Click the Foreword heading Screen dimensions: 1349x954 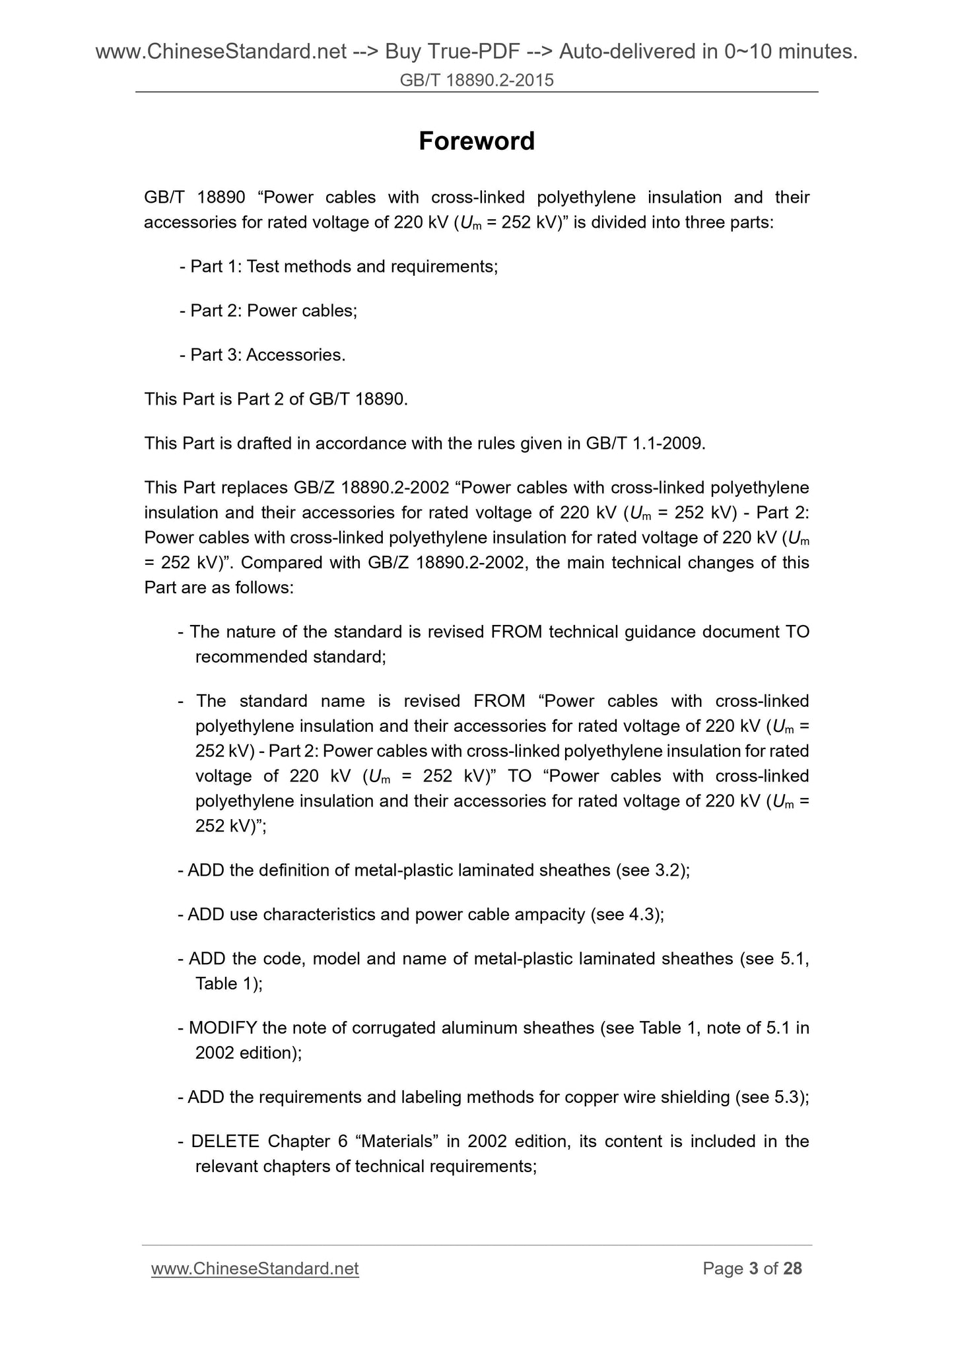[x=477, y=141]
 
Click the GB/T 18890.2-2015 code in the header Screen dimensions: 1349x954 [x=477, y=81]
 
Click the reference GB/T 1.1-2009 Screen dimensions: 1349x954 [x=644, y=444]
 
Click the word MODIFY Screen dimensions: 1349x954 [x=223, y=1028]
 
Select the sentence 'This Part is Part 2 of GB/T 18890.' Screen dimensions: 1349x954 [x=276, y=399]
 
